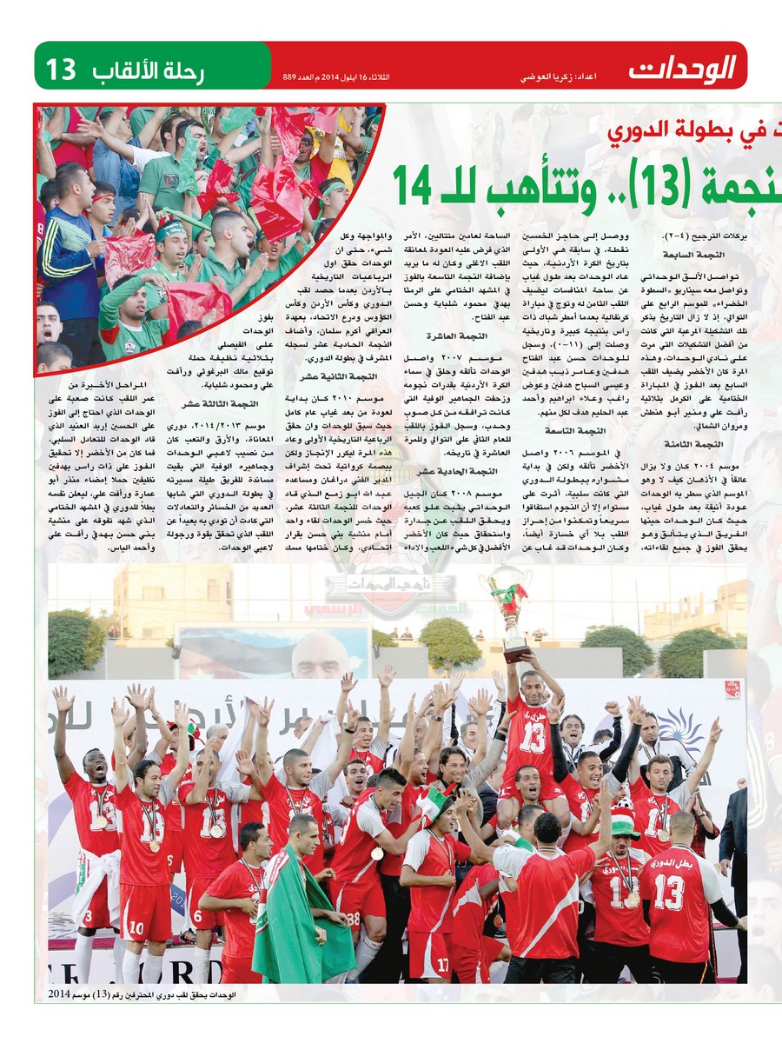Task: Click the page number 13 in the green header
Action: [x=62, y=68]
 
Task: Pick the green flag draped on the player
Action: [x=292, y=921]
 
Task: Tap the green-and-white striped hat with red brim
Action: [x=622, y=822]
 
